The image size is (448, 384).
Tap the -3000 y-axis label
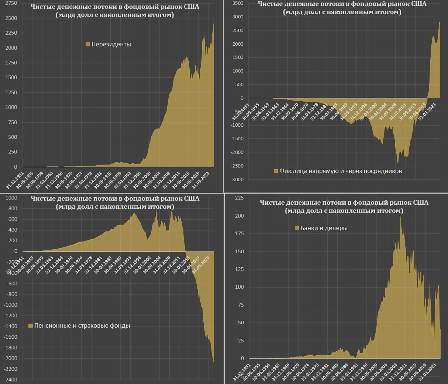coord(237,180)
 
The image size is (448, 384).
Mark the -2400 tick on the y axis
coord(11,380)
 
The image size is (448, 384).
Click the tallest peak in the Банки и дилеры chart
coord(401,216)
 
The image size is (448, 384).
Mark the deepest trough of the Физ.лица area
coord(398,163)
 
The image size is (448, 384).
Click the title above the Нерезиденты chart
coord(115,11)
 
